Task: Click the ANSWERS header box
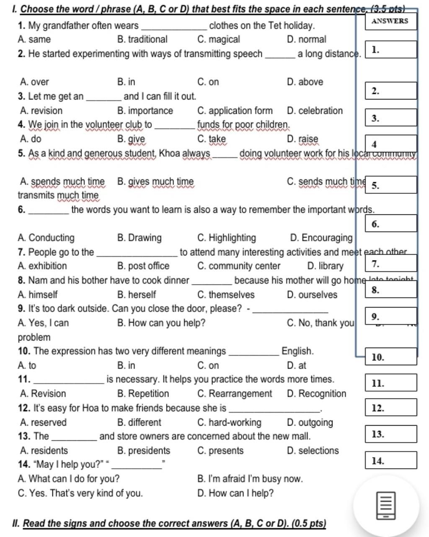point(390,21)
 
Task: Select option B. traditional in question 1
point(142,39)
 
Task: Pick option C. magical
point(219,39)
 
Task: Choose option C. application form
point(235,111)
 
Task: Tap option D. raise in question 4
point(303,139)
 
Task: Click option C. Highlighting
point(226,238)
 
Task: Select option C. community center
point(239,266)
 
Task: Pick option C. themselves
point(226,295)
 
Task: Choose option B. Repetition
point(143,394)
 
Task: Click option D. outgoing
point(310,422)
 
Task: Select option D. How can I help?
point(235,493)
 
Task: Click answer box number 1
point(391,50)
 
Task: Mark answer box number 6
point(391,224)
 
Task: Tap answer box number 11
point(391,383)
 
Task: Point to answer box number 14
point(391,460)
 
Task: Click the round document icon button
point(386,506)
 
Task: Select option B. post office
point(143,266)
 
